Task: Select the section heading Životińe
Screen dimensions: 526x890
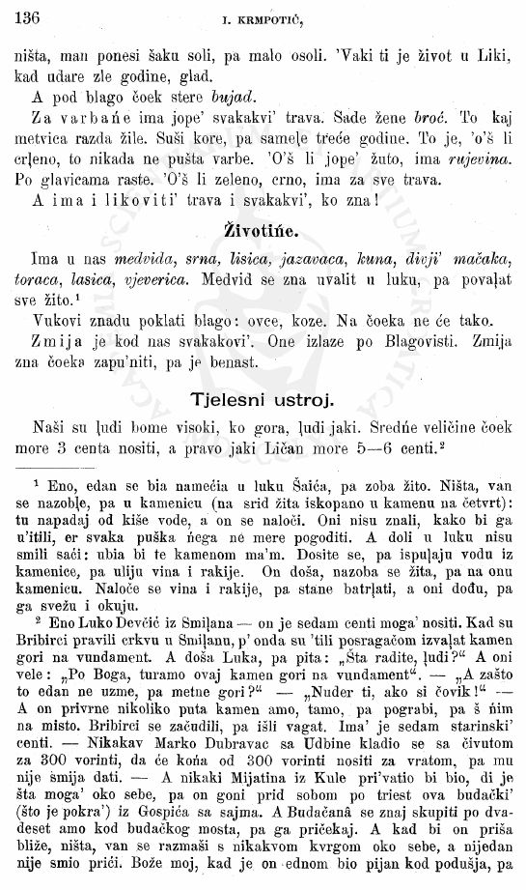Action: click(x=262, y=230)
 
